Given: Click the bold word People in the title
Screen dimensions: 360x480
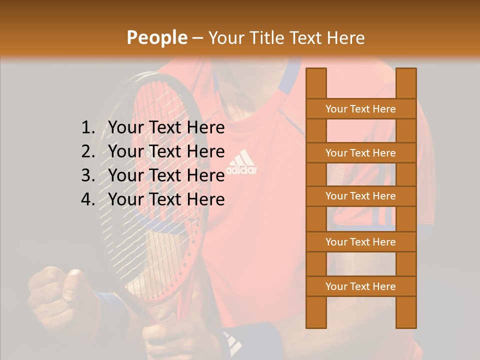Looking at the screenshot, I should pyautogui.click(x=156, y=37).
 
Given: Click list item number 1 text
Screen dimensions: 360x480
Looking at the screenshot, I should pyautogui.click(x=166, y=128).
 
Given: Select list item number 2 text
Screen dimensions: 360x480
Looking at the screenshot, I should pyautogui.click(x=166, y=151).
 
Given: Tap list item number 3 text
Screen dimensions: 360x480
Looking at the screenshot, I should pyautogui.click(x=166, y=175).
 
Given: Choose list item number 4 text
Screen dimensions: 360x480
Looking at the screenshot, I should pyautogui.click(x=166, y=199).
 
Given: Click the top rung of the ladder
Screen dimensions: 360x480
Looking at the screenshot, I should pyautogui.click(x=360, y=109).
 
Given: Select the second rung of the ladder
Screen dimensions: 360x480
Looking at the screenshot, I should pyautogui.click(x=360, y=153).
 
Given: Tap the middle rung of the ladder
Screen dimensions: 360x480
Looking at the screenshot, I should pyautogui.click(x=360, y=196).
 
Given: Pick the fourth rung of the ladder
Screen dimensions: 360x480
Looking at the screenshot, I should pyautogui.click(x=360, y=242).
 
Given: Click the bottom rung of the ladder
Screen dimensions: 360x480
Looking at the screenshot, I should pyautogui.click(x=360, y=286).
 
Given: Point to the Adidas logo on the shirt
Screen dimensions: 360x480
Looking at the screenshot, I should pyautogui.click(x=242, y=162).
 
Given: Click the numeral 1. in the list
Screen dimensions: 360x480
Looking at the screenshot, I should pyautogui.click(x=88, y=128).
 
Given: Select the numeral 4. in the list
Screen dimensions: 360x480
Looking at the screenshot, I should pyautogui.click(x=88, y=199).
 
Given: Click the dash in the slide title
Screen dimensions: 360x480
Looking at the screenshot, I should pyautogui.click(x=197, y=38).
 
